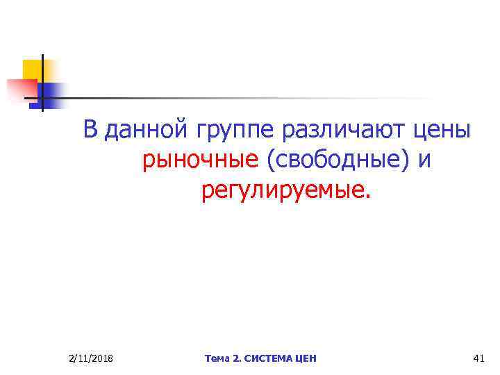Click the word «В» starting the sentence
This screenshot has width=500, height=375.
coord(91,130)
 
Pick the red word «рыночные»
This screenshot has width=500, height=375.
coord(200,161)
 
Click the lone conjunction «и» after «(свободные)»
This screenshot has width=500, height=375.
coord(424,161)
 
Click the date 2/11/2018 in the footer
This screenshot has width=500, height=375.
coord(92,358)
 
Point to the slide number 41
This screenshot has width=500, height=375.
coord(477,358)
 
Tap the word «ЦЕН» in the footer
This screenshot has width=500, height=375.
coord(306,358)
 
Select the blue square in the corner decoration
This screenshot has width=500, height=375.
coord(53,92)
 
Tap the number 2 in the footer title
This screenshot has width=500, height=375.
coord(237,358)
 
